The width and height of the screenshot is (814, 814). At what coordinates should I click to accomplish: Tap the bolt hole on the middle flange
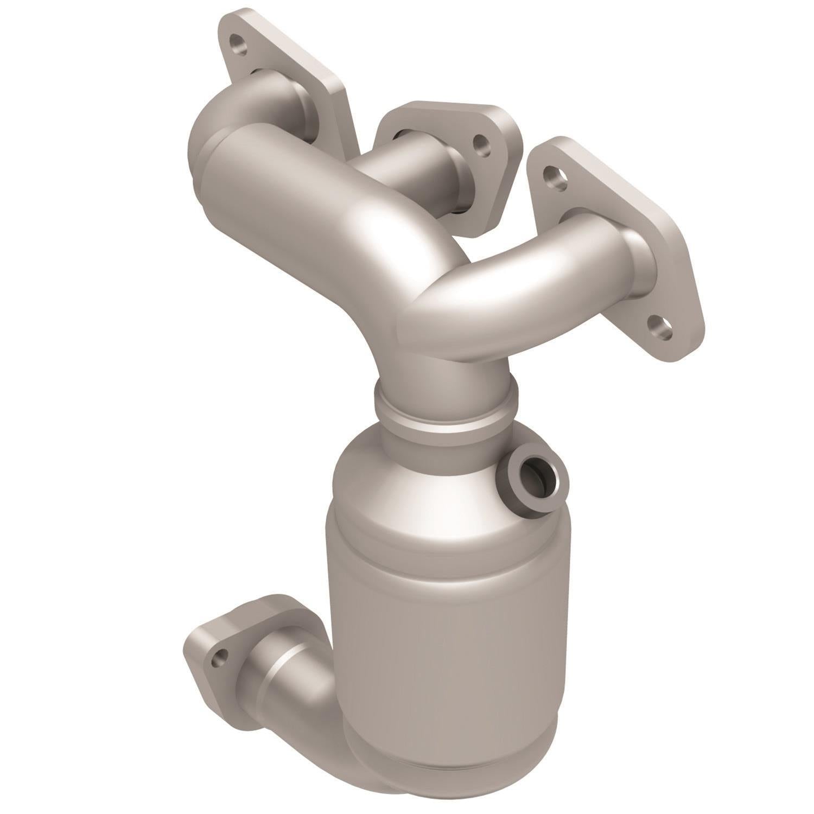[x=480, y=143]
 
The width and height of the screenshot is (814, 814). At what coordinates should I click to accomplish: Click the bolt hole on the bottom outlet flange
[x=219, y=659]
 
